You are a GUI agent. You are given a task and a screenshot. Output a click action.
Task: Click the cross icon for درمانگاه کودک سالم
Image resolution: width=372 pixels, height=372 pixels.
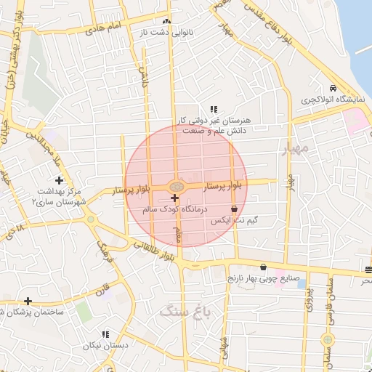[174, 198]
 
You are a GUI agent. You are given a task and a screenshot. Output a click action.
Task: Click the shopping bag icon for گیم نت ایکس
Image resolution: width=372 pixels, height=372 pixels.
[233, 209]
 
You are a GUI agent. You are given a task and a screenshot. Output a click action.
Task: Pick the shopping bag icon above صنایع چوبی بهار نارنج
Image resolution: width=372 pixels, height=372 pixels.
[262, 267]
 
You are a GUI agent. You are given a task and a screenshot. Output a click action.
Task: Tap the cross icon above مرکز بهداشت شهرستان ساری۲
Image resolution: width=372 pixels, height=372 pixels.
[59, 179]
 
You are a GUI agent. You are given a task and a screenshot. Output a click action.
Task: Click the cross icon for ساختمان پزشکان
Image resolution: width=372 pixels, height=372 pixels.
[28, 301]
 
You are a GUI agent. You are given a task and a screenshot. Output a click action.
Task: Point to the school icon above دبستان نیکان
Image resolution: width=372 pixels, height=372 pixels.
[105, 334]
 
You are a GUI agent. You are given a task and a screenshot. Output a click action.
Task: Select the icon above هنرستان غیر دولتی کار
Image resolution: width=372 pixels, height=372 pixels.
[213, 108]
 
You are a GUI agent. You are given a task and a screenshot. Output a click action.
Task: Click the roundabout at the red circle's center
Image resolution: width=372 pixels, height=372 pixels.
[176, 187]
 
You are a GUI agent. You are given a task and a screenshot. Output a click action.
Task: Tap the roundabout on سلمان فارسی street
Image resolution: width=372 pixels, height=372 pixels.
[328, 339]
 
